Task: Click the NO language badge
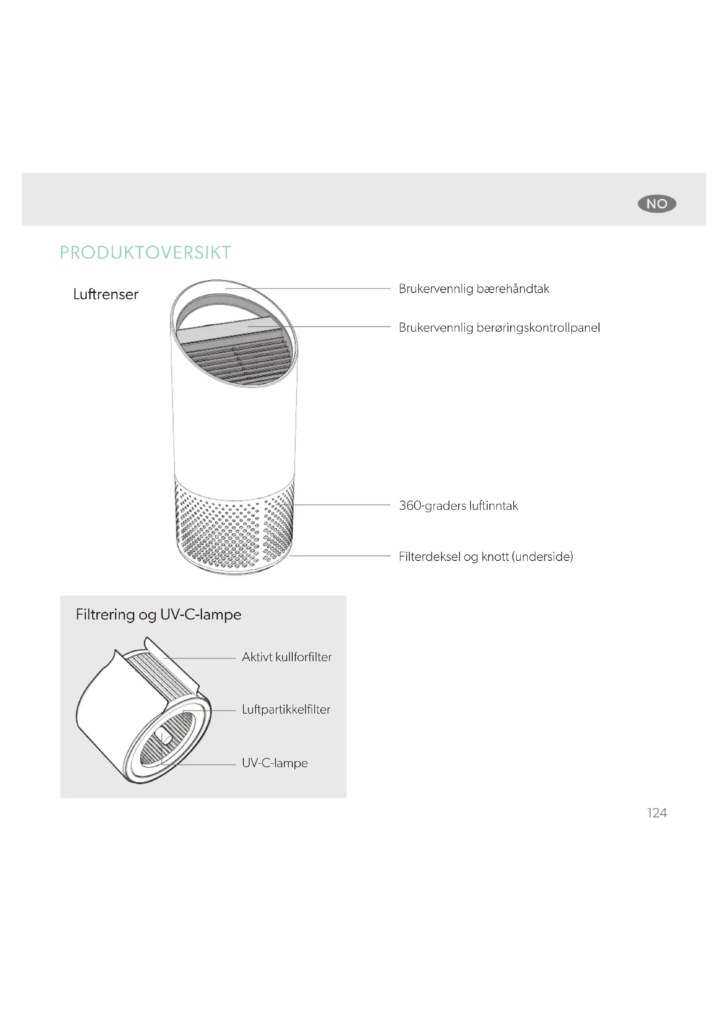(657, 204)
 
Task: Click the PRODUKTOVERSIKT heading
(145, 253)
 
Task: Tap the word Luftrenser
(106, 294)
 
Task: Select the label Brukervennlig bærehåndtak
(474, 289)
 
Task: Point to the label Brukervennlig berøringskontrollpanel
(500, 328)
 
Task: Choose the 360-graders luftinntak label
(458, 505)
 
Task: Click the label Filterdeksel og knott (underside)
(486, 557)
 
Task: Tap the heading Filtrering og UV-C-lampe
(159, 615)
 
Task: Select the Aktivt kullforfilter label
(287, 657)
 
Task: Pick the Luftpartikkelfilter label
(286, 710)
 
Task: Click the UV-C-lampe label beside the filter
(275, 763)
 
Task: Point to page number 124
(657, 813)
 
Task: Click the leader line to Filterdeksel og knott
(340, 556)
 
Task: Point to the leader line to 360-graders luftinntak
(342, 505)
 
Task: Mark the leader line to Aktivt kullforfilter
(200, 658)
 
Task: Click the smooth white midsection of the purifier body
(234, 430)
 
